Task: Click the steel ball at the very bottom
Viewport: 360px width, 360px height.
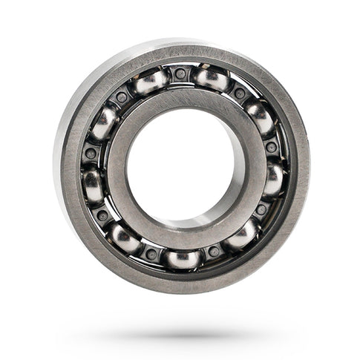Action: (183, 259)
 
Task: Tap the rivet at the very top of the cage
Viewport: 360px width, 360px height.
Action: (180, 73)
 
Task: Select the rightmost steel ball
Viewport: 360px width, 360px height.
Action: (274, 179)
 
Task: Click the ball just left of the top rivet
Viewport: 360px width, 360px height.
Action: (151, 82)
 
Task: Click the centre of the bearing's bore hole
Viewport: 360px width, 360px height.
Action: (181, 167)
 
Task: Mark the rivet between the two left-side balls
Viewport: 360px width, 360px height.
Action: (91, 154)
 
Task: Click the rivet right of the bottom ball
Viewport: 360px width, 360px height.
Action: (215, 252)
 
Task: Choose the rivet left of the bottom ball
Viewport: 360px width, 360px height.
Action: (151, 253)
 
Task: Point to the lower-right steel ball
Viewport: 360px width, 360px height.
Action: (243, 236)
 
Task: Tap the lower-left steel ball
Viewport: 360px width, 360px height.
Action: (124, 238)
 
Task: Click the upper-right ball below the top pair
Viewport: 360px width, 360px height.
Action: (259, 117)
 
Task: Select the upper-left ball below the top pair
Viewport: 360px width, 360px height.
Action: (105, 122)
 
